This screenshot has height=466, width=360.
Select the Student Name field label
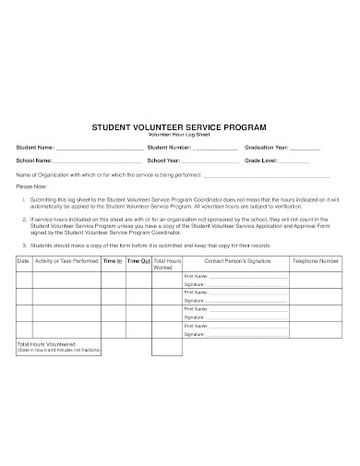pos(36,148)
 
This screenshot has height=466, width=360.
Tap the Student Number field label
pos(168,148)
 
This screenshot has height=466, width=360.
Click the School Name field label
pos(35,161)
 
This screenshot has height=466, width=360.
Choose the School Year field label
pos(163,161)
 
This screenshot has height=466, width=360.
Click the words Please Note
pos(31,185)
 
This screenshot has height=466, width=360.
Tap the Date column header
pos(24,261)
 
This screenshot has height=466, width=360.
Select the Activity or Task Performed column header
pos(66,261)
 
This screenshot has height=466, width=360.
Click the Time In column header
pos(113,261)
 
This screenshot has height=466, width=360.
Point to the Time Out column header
pos(138,261)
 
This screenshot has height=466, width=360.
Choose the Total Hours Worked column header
pos(167,265)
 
